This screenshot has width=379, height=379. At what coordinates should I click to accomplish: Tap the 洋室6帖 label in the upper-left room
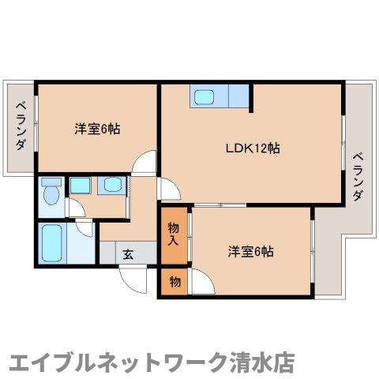point(98,128)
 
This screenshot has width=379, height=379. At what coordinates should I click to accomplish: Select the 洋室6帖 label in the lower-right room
point(251,252)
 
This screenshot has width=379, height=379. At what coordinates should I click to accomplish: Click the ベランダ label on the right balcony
point(358,174)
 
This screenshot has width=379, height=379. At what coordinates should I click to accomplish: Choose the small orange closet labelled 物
point(174,282)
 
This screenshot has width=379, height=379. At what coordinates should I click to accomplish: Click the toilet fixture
point(51,191)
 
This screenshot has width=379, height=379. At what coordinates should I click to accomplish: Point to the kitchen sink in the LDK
point(205,98)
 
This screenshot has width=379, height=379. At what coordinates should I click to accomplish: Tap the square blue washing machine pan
point(79,186)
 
